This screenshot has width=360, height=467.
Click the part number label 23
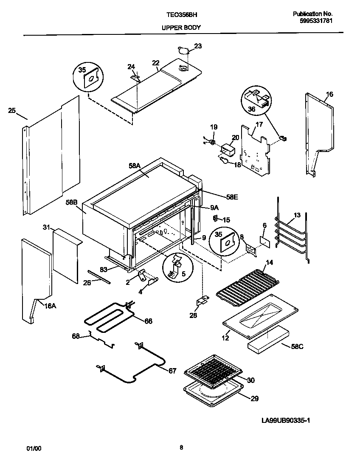(198, 46)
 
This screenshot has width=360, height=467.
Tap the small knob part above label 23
(183, 51)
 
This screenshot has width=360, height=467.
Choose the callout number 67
(172, 371)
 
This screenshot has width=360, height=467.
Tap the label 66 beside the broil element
(148, 321)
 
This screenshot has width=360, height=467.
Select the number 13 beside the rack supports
(297, 215)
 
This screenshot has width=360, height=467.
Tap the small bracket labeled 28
(201, 301)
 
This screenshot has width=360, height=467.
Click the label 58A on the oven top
(135, 166)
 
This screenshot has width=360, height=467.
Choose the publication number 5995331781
(313, 20)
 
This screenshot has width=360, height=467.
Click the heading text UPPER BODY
(181, 28)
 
